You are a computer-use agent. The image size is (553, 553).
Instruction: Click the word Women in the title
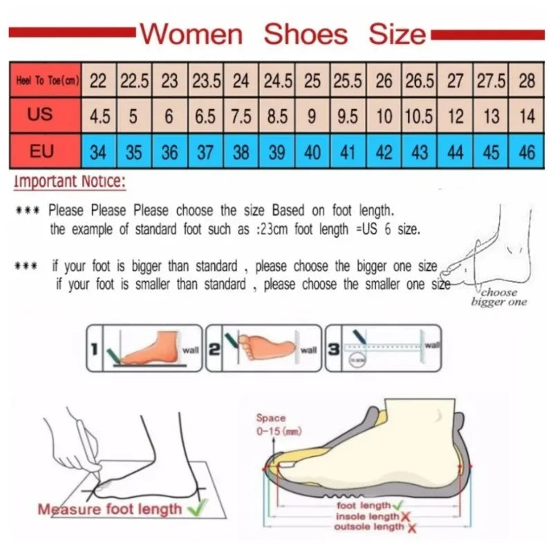click(x=191, y=34)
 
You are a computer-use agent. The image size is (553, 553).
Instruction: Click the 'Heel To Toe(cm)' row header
click(x=46, y=81)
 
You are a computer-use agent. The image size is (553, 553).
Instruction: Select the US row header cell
click(x=41, y=115)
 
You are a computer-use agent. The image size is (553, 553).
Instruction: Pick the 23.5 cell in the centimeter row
click(x=206, y=81)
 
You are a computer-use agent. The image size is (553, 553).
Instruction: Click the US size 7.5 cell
click(x=241, y=116)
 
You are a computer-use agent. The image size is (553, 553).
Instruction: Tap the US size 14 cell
click(x=527, y=116)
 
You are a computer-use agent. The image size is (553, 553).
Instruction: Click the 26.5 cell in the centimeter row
click(x=420, y=81)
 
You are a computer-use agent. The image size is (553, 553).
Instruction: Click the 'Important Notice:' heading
click(x=69, y=182)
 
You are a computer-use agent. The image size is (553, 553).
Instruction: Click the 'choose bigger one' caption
click(x=498, y=297)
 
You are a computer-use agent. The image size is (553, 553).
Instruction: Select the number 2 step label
click(x=214, y=350)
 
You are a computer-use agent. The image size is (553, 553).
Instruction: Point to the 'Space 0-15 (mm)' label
click(x=270, y=424)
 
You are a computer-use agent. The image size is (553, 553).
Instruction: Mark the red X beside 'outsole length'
click(x=411, y=528)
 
